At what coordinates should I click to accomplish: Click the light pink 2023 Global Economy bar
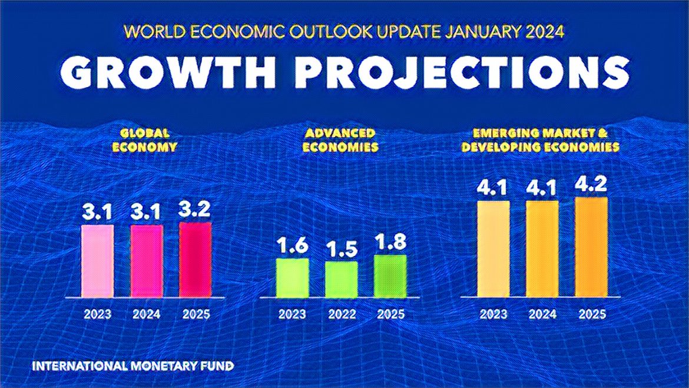click(x=97, y=260)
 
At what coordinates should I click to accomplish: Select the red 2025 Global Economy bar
click(x=195, y=259)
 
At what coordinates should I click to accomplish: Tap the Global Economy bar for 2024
click(x=146, y=260)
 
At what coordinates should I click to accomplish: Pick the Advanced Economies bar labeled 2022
click(x=342, y=279)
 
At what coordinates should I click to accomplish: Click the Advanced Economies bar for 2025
click(x=390, y=276)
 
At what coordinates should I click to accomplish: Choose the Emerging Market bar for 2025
click(x=591, y=247)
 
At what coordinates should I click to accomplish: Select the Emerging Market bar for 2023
click(x=493, y=248)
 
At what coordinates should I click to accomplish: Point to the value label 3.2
click(x=195, y=210)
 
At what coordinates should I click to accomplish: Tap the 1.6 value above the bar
click(x=293, y=246)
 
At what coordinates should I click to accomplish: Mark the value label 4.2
click(x=591, y=185)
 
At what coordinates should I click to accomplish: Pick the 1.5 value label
click(x=342, y=250)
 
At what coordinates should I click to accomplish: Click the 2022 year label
click(x=342, y=314)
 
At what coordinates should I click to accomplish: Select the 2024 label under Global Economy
click(x=146, y=314)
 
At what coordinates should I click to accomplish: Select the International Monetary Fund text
click(x=133, y=366)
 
